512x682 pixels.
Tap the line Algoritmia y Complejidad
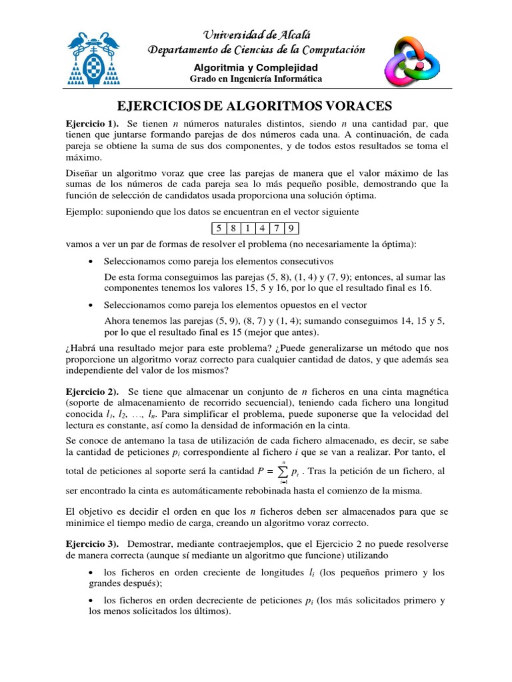coord(256,67)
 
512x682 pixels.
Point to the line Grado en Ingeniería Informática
coord(256,79)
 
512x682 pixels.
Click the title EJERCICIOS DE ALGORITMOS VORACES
coord(256,106)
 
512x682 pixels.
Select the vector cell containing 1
coord(247,229)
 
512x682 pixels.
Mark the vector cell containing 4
coord(261,229)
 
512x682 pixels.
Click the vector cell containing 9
coord(291,229)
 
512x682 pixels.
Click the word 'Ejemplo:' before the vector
coord(84,212)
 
